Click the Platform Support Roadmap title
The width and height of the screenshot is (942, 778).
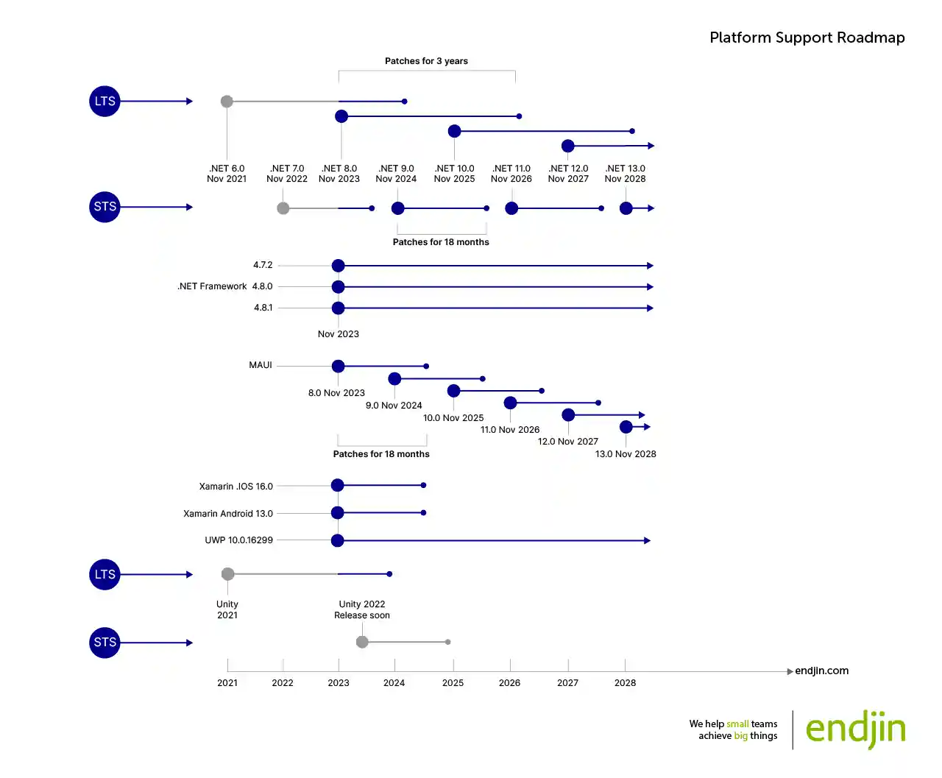807,38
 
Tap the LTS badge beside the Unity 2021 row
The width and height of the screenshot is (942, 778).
105,574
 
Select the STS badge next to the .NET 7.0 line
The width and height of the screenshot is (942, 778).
105,207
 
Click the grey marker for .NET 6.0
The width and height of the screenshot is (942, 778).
227,102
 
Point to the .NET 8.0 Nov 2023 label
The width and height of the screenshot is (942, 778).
339,174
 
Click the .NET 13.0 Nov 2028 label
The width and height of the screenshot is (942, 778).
625,174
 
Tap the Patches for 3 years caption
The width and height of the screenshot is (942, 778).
426,61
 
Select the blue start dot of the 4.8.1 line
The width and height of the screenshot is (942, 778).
338,308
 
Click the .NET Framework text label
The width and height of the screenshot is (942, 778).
212,286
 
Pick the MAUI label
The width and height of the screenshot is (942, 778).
261,365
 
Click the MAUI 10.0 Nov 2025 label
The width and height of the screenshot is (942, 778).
453,418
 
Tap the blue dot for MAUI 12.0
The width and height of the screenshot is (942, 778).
568,415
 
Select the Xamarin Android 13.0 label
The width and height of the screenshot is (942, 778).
228,514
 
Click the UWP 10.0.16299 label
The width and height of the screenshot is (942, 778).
238,540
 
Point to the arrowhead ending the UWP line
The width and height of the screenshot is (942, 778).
647,541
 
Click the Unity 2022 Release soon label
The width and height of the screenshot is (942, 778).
362,609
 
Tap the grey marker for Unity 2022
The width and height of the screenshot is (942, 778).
362,642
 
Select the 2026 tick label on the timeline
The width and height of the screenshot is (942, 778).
509,683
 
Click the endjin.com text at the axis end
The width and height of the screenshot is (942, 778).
821,671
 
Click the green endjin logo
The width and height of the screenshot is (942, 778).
855,729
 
